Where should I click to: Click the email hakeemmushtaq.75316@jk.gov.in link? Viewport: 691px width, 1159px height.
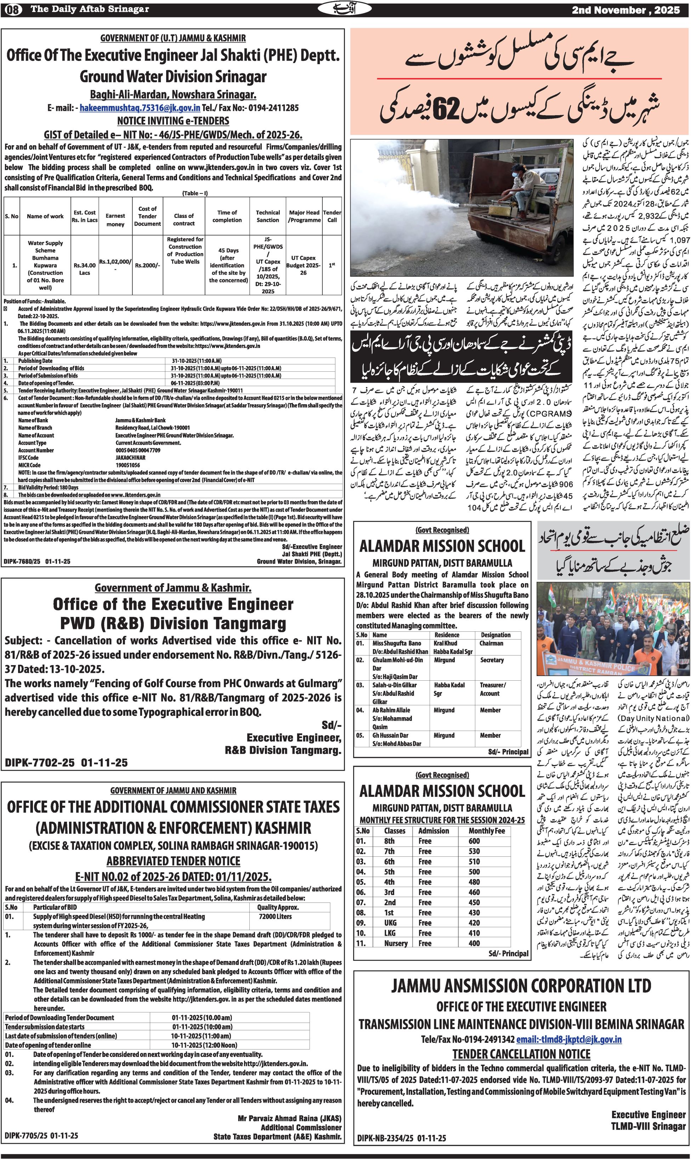(140, 108)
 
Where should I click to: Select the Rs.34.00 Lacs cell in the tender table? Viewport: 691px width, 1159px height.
(84, 269)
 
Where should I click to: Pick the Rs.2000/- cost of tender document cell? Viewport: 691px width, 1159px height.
(147, 265)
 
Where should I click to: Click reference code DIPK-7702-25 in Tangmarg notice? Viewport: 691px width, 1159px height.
(40, 763)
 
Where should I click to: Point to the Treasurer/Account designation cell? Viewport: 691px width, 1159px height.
(493, 689)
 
